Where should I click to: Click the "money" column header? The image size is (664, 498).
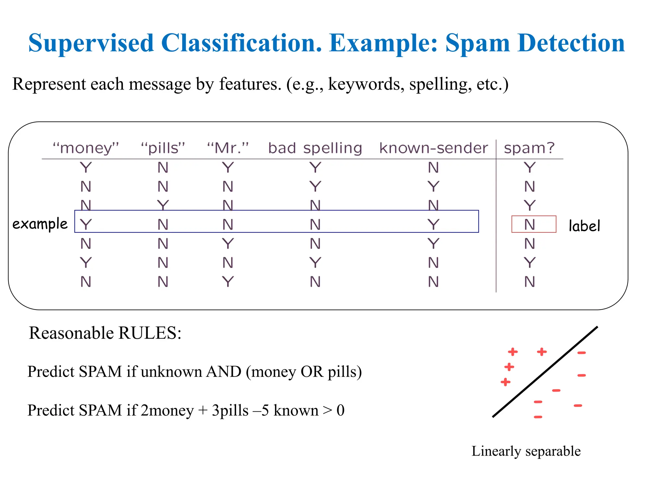click(x=86, y=148)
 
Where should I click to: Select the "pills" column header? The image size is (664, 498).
click(x=163, y=148)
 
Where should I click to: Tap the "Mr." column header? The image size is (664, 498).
click(x=228, y=148)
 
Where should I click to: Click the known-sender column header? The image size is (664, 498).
click(x=433, y=148)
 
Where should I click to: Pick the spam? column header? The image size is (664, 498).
click(x=529, y=148)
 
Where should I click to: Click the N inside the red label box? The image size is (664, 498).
click(x=529, y=224)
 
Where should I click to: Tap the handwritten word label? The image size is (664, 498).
click(x=584, y=226)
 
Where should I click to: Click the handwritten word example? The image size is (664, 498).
click(x=40, y=224)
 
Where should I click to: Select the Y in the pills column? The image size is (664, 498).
click(x=163, y=205)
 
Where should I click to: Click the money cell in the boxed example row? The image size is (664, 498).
click(x=86, y=224)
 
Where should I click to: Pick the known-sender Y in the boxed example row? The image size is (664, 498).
click(x=433, y=224)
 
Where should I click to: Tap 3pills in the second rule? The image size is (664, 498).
click(x=230, y=410)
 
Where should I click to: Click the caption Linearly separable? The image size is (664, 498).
click(x=526, y=451)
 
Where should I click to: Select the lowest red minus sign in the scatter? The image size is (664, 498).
click(x=538, y=417)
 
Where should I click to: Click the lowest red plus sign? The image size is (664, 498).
click(x=505, y=382)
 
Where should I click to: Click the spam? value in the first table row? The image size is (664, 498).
click(x=529, y=168)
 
